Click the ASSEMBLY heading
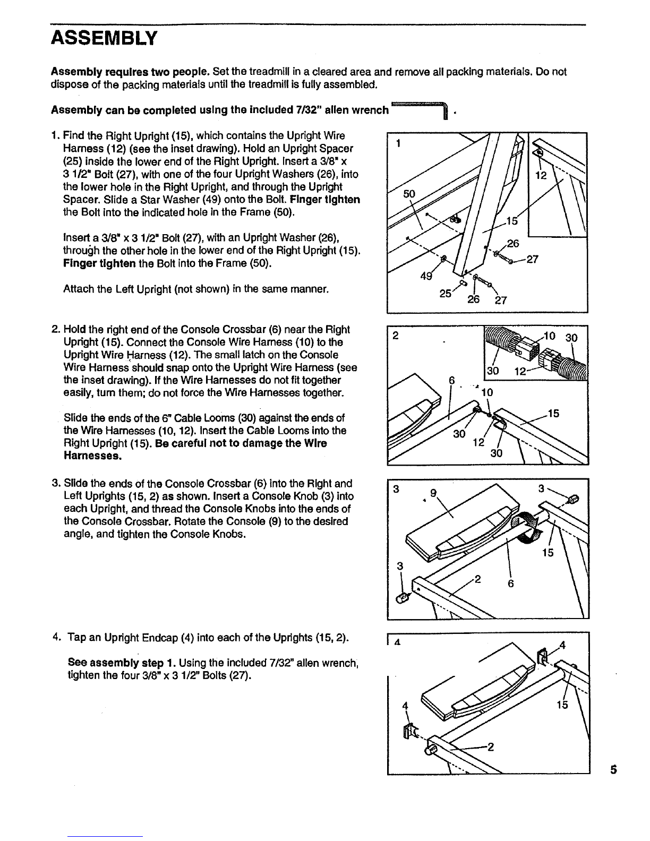(104, 38)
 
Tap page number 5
(613, 770)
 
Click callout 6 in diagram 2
(452, 381)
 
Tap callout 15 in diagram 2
(553, 413)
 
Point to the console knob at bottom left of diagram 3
(402, 598)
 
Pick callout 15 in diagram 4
(562, 705)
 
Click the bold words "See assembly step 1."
(123, 663)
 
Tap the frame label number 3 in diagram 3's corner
(395, 490)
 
